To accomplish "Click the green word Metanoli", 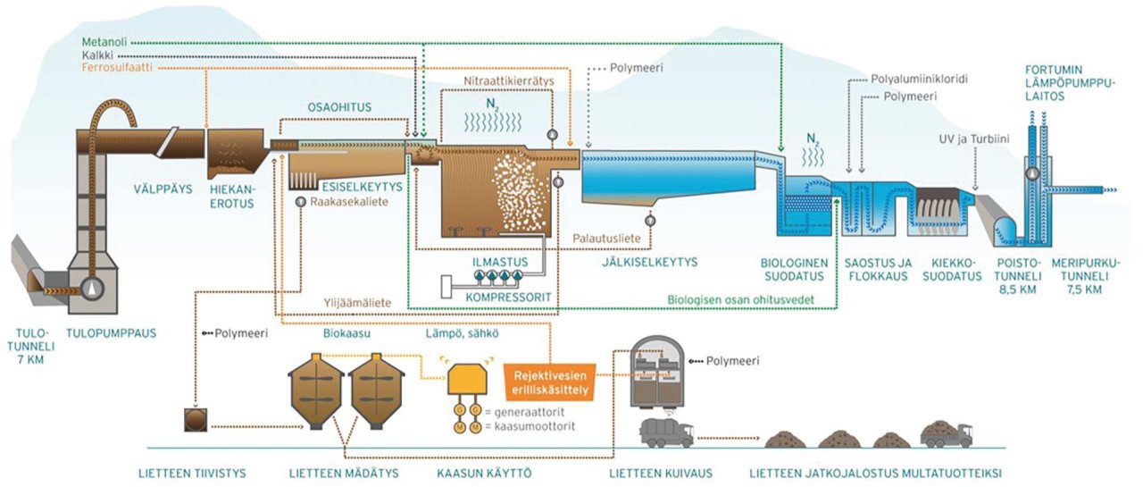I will pos(104,41).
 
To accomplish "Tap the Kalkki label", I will pos(99,55).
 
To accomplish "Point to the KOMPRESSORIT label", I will pos(504,294).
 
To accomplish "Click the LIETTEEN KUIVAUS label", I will pos(645,471).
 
